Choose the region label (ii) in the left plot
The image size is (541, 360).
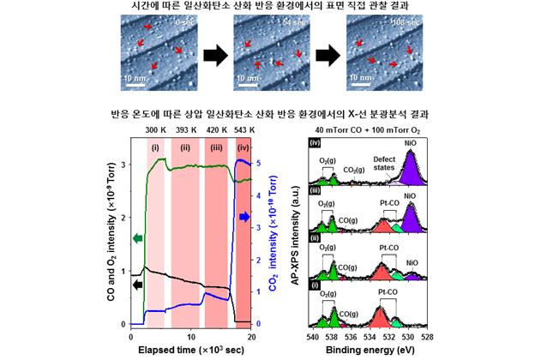[186, 147]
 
